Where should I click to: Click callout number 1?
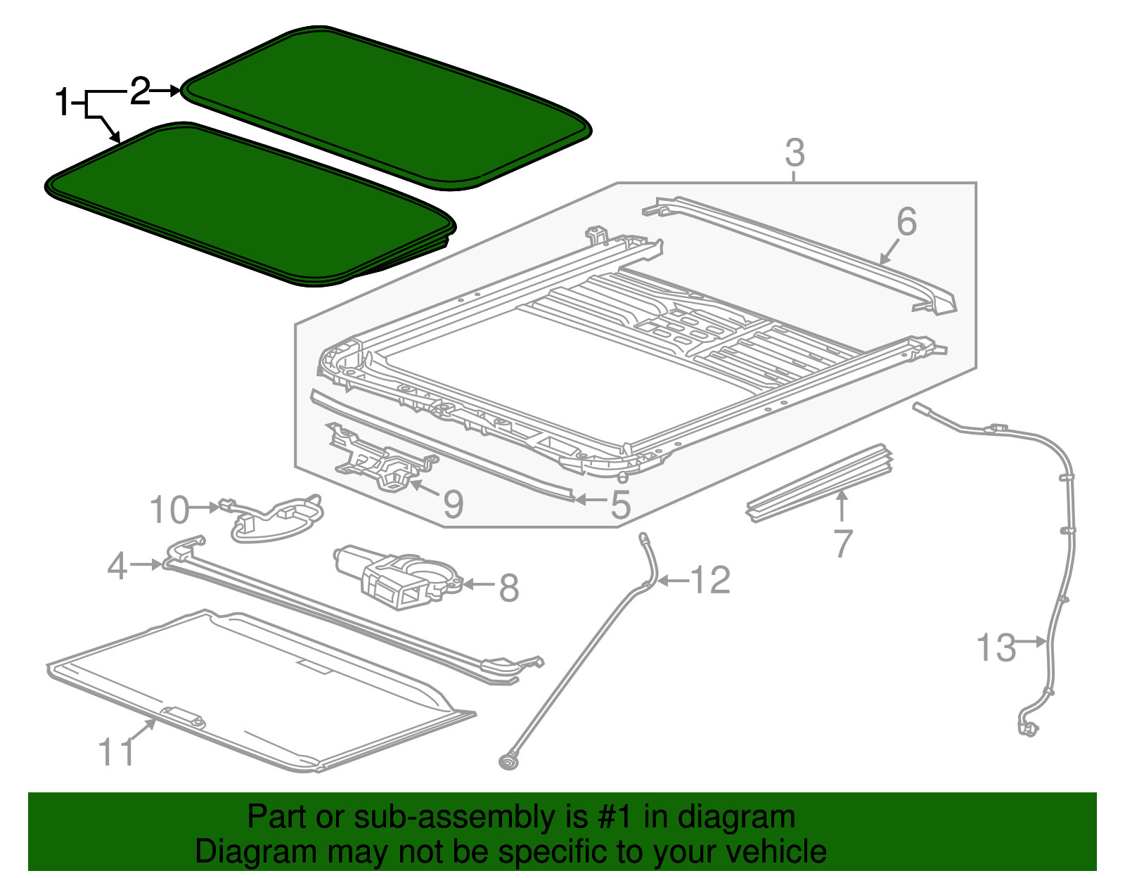63,103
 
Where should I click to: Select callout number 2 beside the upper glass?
140,91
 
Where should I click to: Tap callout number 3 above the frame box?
794,153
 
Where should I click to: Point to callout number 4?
117,565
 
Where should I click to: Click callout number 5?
620,504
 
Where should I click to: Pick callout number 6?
906,222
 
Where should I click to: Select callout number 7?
842,543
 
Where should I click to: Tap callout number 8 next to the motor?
508,588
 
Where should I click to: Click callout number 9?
453,503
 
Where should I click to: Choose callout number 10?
169,510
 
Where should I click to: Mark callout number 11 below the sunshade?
117,753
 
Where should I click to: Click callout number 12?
711,581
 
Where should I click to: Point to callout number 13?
996,647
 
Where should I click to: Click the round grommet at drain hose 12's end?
506,763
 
